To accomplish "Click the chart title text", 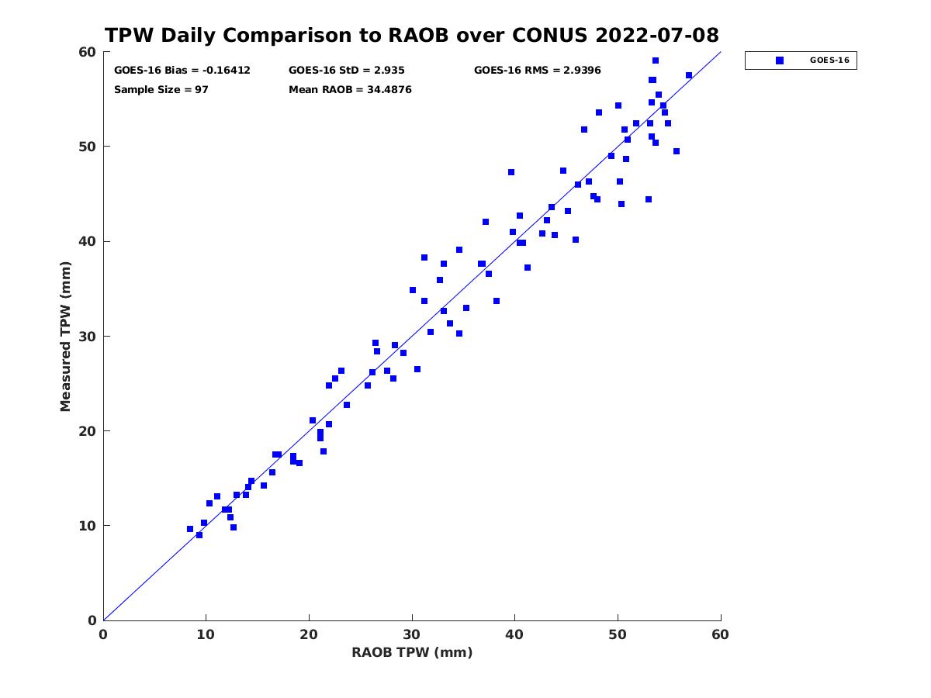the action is (411, 35).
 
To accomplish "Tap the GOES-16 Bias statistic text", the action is (182, 71).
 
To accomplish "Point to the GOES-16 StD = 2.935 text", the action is (347, 71).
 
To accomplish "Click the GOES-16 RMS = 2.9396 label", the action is (538, 71).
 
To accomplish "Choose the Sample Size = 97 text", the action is (161, 90).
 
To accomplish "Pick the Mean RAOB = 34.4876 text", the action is (350, 90).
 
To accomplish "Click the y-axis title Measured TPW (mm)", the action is (65, 337).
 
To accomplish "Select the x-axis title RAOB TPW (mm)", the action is (412, 652).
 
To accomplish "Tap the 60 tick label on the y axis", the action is (88, 52).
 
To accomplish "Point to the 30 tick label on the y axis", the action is (88, 336).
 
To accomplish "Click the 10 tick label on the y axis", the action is (88, 526).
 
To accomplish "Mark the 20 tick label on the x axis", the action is (309, 634).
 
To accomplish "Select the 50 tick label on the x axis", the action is (618, 634).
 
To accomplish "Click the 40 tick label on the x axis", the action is (514, 634).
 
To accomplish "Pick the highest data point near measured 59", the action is (656, 60).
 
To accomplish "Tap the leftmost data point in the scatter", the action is (190, 529).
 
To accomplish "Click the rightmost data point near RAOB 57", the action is (689, 75).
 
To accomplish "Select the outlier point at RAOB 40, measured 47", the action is (511, 172).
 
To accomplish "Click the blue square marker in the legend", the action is (780, 60).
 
